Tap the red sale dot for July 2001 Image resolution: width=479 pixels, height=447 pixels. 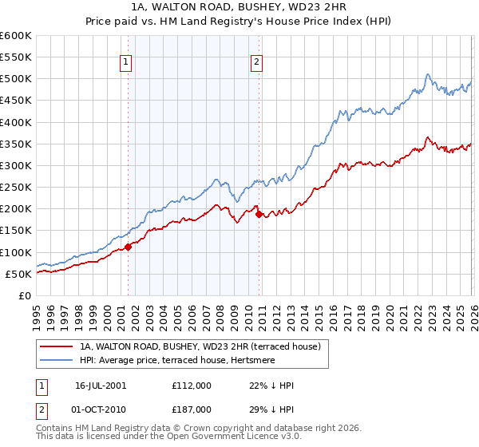tap(128, 247)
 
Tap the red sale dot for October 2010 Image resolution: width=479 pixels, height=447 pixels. tap(258, 214)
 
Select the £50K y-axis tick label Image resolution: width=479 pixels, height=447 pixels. tap(18, 274)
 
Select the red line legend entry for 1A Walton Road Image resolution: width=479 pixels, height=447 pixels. tap(200, 347)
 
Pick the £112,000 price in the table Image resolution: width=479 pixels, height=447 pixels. tap(192, 386)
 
